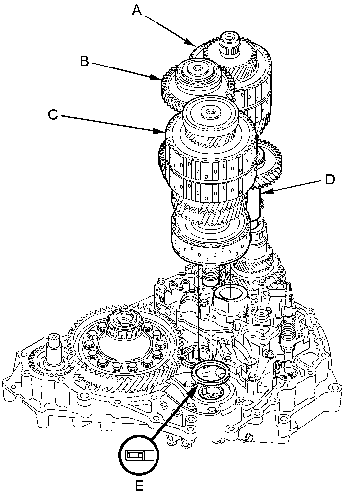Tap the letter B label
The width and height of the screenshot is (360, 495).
pos(84,61)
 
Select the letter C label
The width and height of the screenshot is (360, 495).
pos(53,114)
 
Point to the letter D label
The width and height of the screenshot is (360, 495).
pos(329,180)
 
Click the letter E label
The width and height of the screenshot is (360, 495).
pos(139,486)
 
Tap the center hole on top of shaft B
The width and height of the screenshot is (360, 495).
pos(198,68)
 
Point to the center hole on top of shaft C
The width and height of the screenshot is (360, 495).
pos(210,111)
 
